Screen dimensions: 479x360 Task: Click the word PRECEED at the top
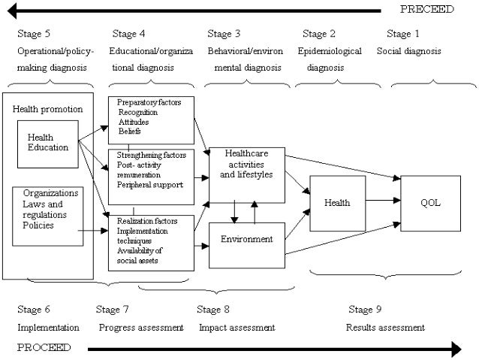426,9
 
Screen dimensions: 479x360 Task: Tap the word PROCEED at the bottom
44,347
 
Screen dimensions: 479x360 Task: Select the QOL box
430,204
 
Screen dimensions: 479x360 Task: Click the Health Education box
48,144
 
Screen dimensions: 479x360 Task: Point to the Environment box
247,246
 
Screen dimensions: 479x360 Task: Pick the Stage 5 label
34,33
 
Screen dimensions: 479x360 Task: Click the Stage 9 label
365,309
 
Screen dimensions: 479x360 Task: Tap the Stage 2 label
319,33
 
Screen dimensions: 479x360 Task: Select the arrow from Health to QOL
383,201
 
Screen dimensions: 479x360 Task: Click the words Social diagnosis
408,51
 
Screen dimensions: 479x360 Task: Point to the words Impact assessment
237,328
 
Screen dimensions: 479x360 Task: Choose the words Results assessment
385,328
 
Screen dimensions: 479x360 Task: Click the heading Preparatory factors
149,102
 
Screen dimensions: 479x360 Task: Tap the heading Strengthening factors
151,155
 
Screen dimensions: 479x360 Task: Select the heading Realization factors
147,221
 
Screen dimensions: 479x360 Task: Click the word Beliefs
130,132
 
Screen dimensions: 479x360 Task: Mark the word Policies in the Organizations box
38,225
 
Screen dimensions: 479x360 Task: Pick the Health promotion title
47,109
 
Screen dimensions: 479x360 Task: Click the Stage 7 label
112,309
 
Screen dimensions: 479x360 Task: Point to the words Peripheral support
150,185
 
